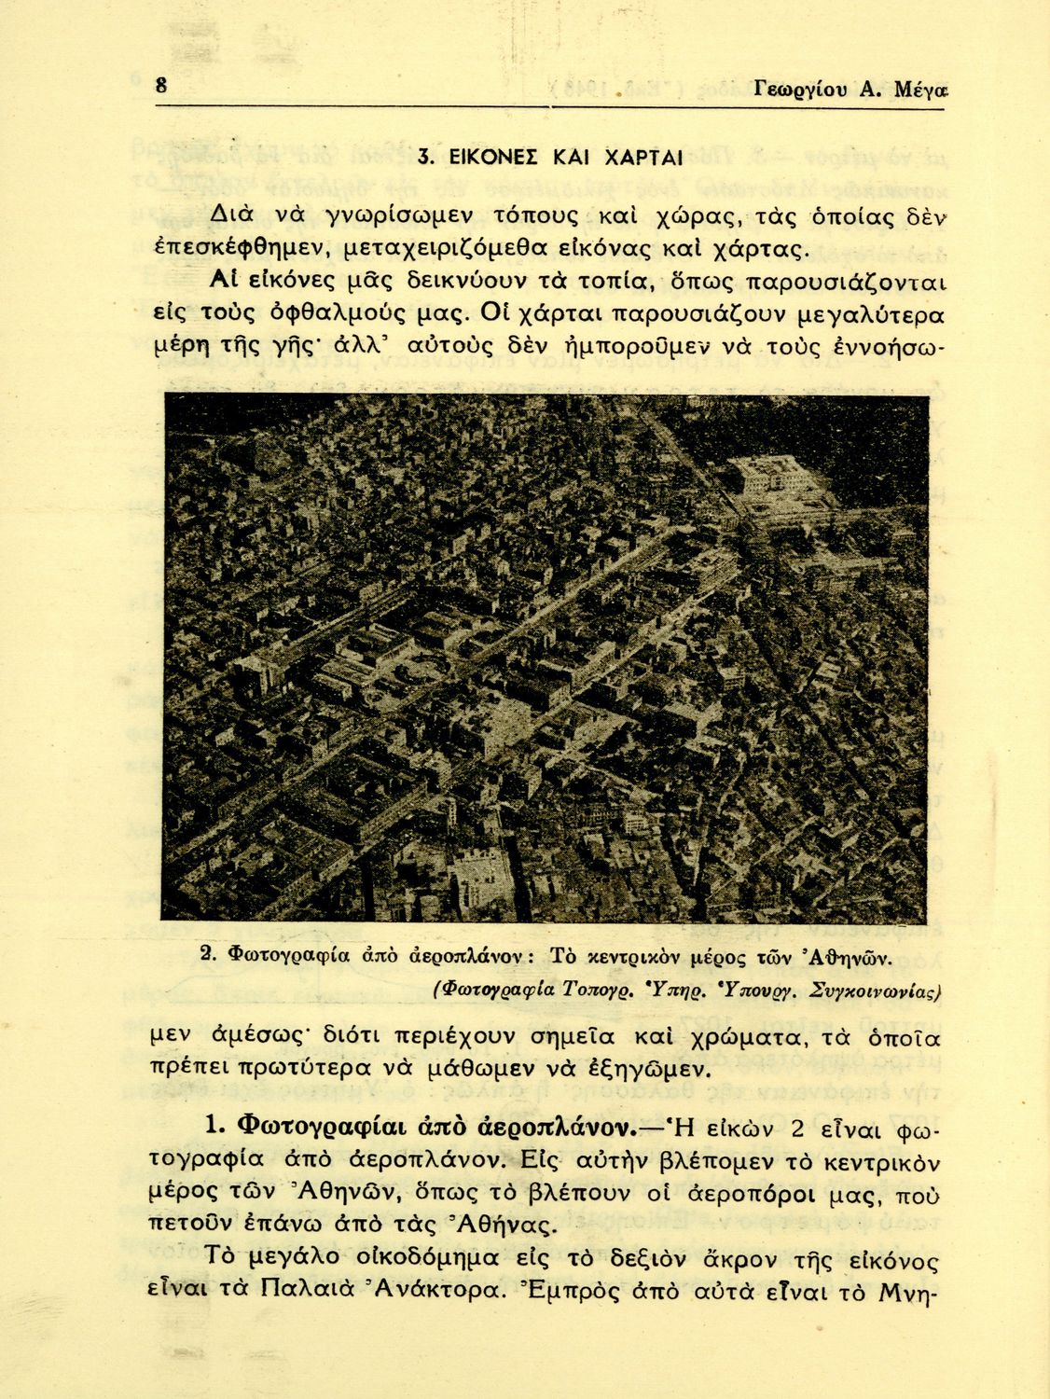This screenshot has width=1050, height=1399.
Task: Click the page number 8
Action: point(161,86)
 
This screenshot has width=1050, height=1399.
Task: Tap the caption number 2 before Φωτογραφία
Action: point(208,954)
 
